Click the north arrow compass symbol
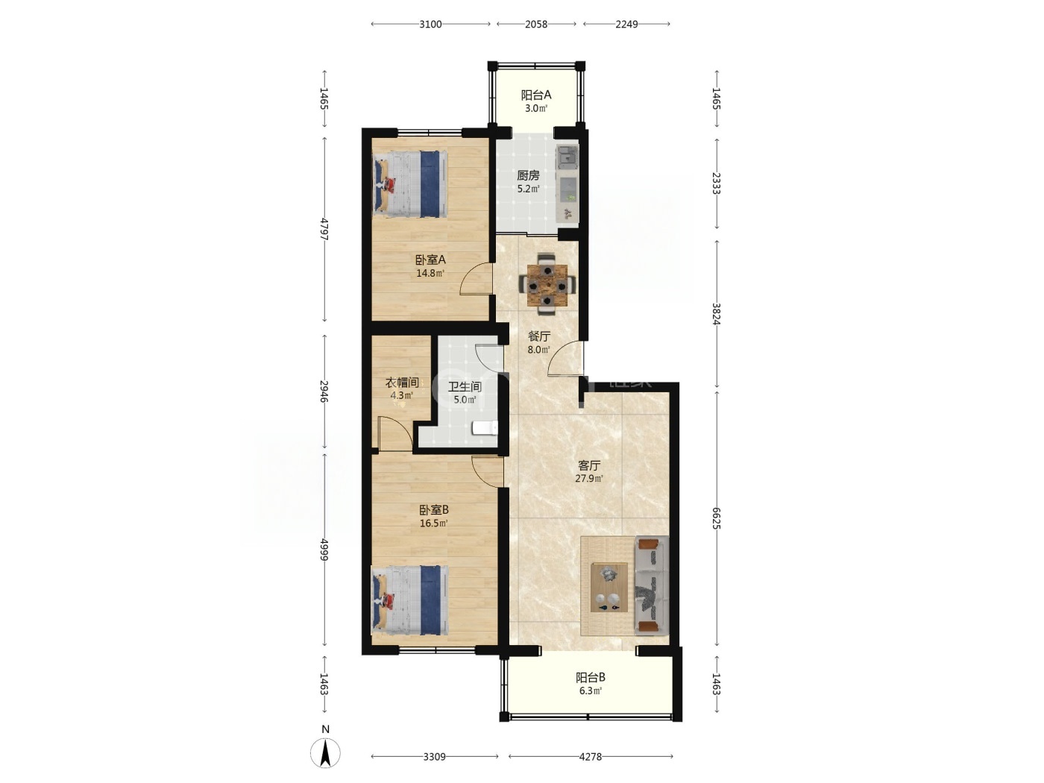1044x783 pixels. [325, 753]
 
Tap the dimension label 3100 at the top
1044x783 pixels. [430, 25]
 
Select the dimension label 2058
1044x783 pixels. [536, 25]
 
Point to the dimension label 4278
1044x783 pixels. [591, 757]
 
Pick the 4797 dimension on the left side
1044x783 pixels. [324, 230]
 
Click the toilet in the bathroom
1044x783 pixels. [485, 428]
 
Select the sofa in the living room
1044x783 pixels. [652, 585]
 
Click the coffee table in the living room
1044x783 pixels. [609, 587]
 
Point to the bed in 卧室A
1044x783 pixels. [410, 183]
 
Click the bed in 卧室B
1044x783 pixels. [410, 600]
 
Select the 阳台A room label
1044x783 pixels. [536, 95]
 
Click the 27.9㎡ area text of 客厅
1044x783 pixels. [589, 479]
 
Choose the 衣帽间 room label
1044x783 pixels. [402, 383]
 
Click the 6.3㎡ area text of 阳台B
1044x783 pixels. [591, 691]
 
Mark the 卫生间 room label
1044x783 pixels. [465, 386]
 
